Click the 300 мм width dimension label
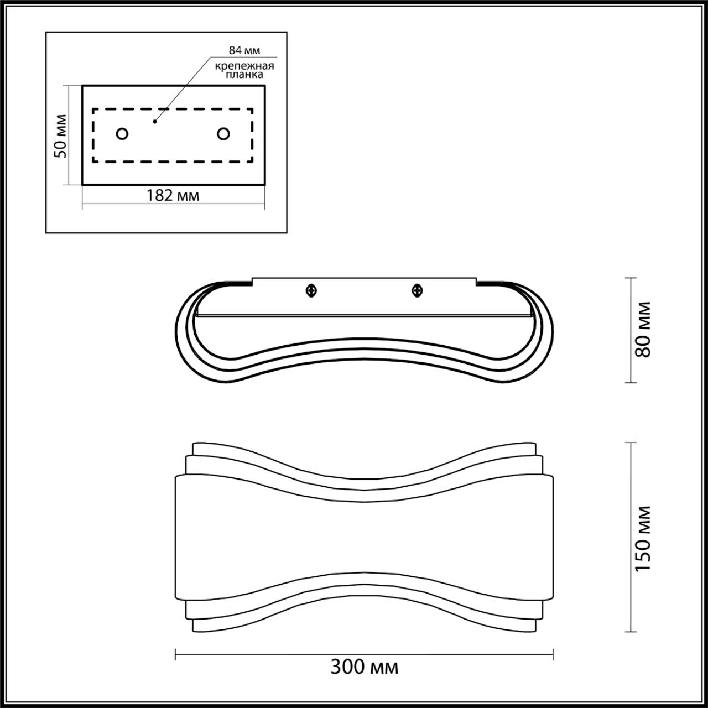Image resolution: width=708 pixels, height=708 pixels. click(x=364, y=668)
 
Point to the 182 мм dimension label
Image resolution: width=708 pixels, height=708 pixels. click(x=173, y=195)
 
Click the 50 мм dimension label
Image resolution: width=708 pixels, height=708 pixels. click(x=61, y=136)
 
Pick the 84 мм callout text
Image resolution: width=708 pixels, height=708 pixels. click(x=244, y=50)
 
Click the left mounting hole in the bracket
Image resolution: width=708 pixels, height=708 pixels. click(x=122, y=134)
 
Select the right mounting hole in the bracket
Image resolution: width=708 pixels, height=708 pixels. click(x=223, y=134)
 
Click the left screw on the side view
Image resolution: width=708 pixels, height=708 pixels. click(x=312, y=289)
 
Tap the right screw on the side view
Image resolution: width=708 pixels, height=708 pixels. click(x=417, y=289)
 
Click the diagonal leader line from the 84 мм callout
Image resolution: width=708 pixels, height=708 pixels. click(x=183, y=89)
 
